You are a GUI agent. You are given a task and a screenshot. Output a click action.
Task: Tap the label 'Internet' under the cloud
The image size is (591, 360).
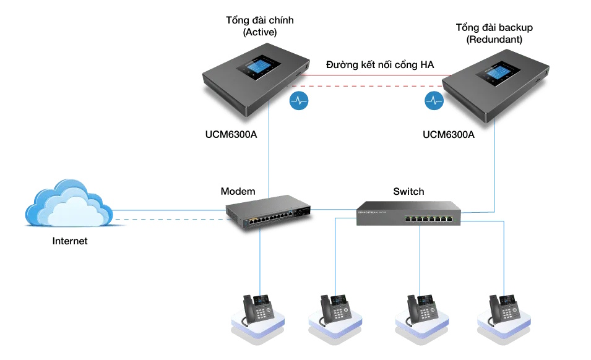[70, 241]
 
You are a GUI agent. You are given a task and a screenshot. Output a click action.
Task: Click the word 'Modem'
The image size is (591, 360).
[238, 191]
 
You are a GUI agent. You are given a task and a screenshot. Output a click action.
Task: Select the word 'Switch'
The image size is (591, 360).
[408, 191]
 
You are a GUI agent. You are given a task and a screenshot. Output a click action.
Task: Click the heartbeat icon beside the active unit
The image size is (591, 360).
[299, 100]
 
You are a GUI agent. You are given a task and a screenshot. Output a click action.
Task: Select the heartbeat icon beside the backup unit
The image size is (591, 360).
[433, 100]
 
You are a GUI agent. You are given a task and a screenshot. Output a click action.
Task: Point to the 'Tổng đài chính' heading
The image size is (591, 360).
[259, 20]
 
